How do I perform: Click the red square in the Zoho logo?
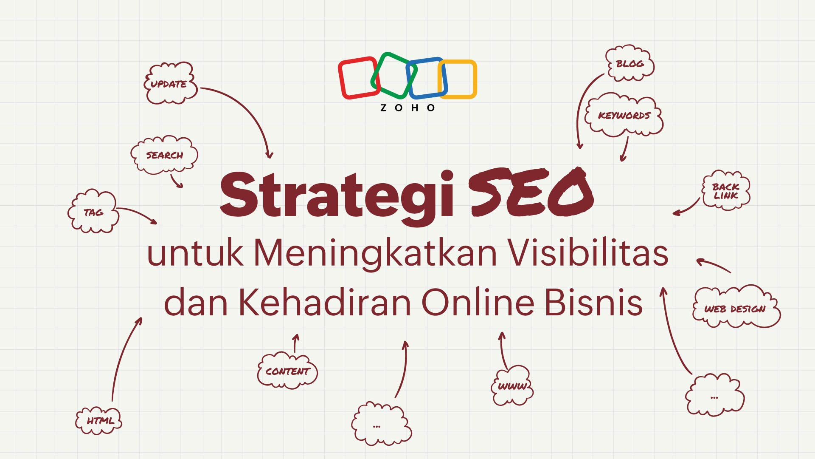[340, 79]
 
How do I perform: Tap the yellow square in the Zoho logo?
[475, 79]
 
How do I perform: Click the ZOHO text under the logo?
[407, 108]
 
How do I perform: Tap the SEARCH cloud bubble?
[164, 155]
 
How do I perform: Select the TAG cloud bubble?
[93, 212]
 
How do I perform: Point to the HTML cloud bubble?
[99, 421]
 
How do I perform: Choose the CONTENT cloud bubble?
[287, 371]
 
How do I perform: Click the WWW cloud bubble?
[512, 386]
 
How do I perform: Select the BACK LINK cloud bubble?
[726, 191]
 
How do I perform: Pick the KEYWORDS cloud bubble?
[624, 115]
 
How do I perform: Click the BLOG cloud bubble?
[630, 63]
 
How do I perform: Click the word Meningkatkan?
[376, 254]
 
